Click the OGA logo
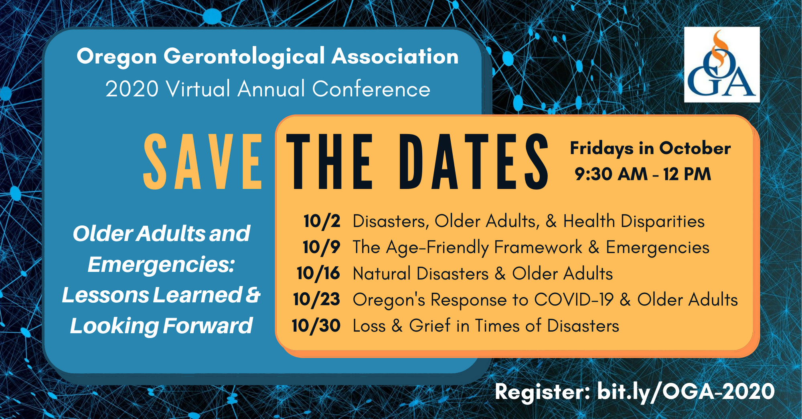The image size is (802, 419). (722, 65)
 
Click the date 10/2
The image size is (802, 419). (322, 221)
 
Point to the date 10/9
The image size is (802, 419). (322, 247)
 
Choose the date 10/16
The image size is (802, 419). (318, 273)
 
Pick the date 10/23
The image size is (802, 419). (317, 300)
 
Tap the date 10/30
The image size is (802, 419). (316, 326)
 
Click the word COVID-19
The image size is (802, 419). (574, 300)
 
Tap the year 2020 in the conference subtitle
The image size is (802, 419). (132, 89)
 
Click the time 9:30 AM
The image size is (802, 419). (611, 174)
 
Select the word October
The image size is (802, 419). (695, 148)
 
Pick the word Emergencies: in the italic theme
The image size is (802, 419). (161, 265)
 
